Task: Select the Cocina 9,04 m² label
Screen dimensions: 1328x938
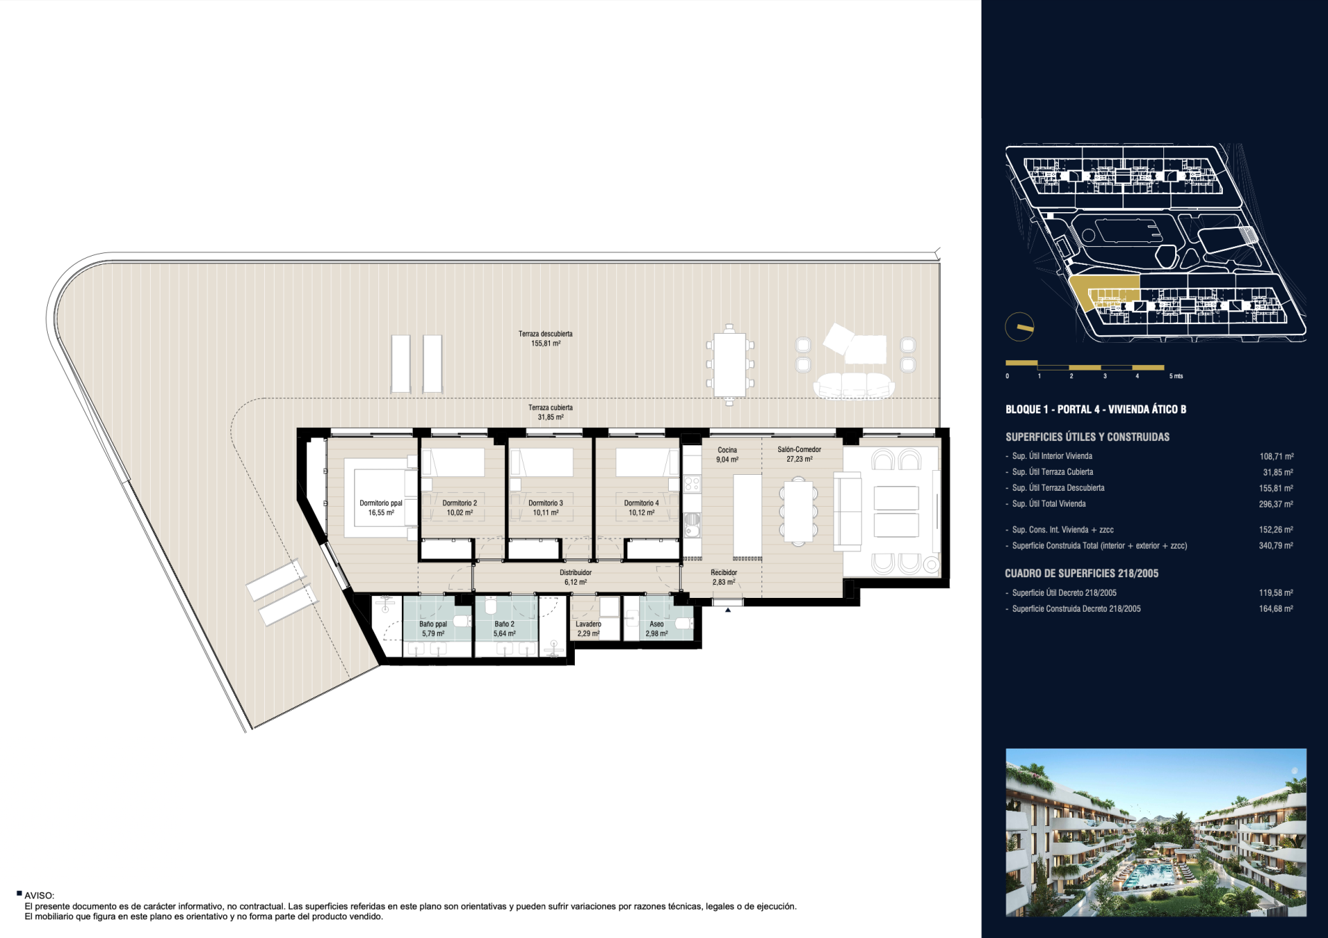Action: (x=727, y=455)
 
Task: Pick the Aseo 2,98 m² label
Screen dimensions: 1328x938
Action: (x=656, y=629)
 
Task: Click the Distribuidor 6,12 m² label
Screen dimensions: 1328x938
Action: (x=575, y=577)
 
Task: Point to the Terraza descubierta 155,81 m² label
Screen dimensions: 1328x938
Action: (x=546, y=339)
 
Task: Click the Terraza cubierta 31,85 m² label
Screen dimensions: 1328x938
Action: (x=551, y=413)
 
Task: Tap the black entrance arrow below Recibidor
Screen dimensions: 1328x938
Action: (x=728, y=610)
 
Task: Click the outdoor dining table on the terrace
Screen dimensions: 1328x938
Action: (x=730, y=364)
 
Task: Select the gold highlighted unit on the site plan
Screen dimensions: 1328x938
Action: (x=1105, y=291)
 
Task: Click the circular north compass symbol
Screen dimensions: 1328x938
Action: (x=1020, y=327)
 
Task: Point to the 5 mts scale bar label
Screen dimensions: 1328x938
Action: (x=1176, y=376)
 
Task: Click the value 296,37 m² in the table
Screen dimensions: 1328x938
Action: (x=1276, y=504)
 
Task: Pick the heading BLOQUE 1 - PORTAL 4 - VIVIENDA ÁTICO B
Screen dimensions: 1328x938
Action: (x=1096, y=409)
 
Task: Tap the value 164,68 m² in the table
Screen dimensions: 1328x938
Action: (x=1276, y=609)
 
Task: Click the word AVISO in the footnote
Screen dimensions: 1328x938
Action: (x=39, y=896)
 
